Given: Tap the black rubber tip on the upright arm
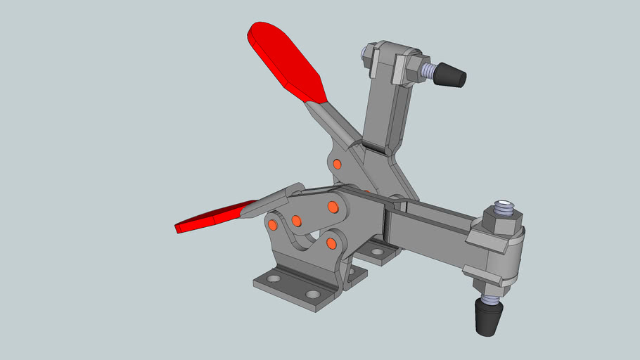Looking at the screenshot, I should pos(449,75).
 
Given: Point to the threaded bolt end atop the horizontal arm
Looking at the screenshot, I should pos(504,207).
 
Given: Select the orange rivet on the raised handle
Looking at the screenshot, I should pos(337,164).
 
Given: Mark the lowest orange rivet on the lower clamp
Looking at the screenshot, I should pos(331,243).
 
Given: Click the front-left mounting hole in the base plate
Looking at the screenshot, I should pos(273,279).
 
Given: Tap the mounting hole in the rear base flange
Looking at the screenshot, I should pos(377,251).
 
